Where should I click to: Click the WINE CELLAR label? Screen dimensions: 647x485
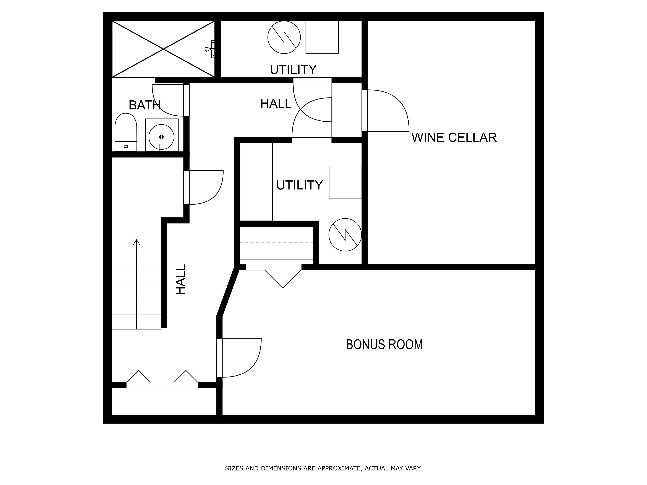[454, 137]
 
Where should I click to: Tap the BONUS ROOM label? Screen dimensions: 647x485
[384, 344]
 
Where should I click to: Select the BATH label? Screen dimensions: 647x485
[145, 105]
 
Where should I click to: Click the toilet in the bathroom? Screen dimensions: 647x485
[126, 132]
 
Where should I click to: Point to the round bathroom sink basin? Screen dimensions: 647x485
[161, 137]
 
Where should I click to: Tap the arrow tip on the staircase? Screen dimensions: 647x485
[137, 240]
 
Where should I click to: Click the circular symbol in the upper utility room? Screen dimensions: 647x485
[284, 37]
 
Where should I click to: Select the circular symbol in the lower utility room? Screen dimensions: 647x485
[345, 235]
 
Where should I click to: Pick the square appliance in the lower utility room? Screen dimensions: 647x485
[345, 182]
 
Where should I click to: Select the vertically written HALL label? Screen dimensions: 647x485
[181, 280]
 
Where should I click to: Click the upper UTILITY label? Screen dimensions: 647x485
[293, 70]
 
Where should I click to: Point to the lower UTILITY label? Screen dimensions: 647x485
[300, 185]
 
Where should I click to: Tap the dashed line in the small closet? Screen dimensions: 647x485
[276, 243]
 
